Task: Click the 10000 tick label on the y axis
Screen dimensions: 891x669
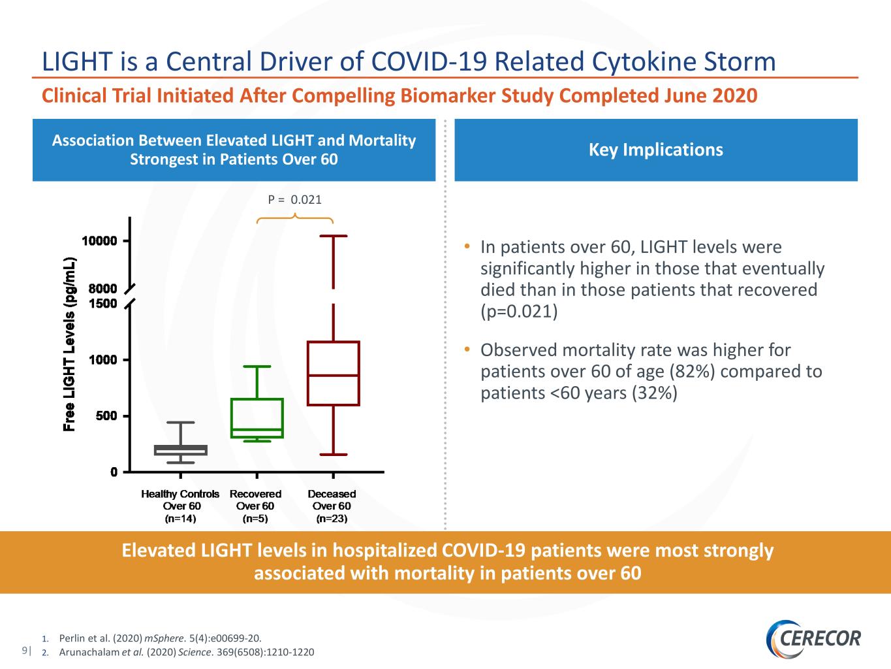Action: pos(99,241)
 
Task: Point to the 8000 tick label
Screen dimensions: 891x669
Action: pos(102,289)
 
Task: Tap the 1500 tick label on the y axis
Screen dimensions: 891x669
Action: pos(102,303)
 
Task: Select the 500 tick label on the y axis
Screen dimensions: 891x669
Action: pos(106,416)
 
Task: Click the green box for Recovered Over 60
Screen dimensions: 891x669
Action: pos(257,399)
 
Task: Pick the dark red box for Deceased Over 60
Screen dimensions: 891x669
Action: pos(334,342)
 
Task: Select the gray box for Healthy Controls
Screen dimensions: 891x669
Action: pos(181,446)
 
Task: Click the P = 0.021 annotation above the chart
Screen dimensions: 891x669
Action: pos(294,200)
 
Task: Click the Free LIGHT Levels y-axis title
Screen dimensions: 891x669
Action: pos(69,344)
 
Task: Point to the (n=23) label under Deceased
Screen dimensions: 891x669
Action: pos(332,519)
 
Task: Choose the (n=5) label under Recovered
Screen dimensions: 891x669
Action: pos(255,519)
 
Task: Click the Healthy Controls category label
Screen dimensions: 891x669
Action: pos(180,494)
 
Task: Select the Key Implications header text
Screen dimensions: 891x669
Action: pos(656,150)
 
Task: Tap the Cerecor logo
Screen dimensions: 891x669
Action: pos(813,638)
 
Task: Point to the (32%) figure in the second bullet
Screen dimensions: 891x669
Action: pos(654,393)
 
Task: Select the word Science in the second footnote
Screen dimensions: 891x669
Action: pos(195,653)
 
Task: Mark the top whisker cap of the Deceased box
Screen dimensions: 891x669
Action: pos(334,236)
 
